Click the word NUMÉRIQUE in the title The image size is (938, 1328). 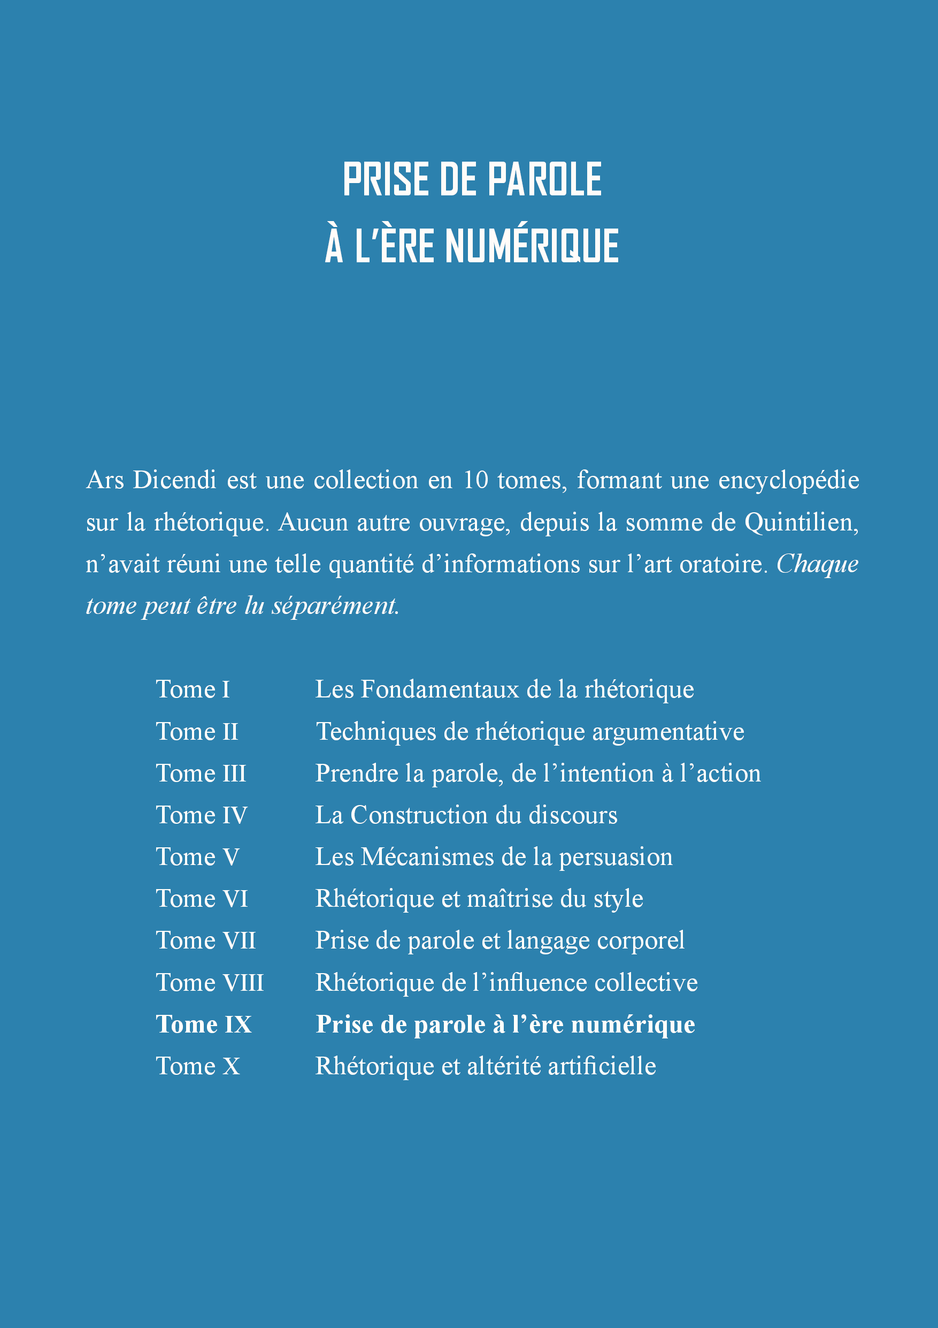532,246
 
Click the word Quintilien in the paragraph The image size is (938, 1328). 801,522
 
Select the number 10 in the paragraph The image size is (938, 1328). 475,480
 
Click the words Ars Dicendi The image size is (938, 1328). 151,480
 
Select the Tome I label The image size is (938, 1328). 193,689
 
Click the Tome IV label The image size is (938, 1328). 201,815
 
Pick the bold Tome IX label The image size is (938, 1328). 203,1025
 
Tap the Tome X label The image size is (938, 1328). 198,1066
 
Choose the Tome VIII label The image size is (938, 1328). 209,983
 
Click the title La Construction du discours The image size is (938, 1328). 466,815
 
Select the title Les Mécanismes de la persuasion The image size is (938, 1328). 494,856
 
